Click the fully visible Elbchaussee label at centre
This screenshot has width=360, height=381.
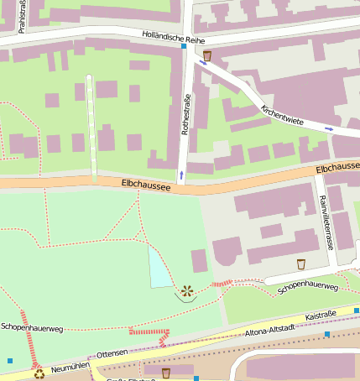pyautogui.click(x=146, y=183)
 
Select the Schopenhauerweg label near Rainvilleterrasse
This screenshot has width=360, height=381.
pyautogui.click(x=306, y=289)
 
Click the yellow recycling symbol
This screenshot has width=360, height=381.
pyautogui.click(x=39, y=374)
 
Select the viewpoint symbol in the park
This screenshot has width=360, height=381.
pyautogui.click(x=186, y=291)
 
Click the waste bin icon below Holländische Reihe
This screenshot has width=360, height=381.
pyautogui.click(x=207, y=55)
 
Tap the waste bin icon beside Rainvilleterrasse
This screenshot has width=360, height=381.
pyautogui.click(x=300, y=264)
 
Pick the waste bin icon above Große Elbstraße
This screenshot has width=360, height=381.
pyautogui.click(x=166, y=372)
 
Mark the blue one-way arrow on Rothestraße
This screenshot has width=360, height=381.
pyautogui.click(x=180, y=175)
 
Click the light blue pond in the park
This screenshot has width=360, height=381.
pyautogui.click(x=159, y=267)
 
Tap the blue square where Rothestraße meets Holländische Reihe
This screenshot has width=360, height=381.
pyautogui.click(x=184, y=47)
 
